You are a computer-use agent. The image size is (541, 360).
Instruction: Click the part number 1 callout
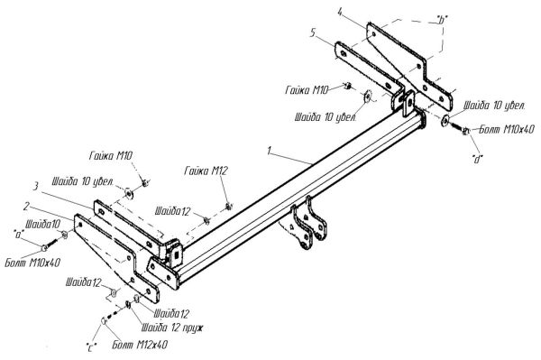pyautogui.click(x=270, y=151)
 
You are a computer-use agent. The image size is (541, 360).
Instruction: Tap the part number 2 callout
pyautogui.click(x=26, y=207)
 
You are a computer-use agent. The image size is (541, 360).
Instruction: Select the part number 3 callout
pyautogui.click(x=35, y=187)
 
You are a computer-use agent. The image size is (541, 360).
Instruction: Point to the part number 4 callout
pyautogui.click(x=340, y=12)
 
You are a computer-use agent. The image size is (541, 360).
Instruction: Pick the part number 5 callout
pyautogui.click(x=313, y=33)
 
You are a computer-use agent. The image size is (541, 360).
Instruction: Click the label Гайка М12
pyautogui.click(x=206, y=171)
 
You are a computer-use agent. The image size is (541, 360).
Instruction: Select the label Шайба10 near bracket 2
pyautogui.click(x=42, y=225)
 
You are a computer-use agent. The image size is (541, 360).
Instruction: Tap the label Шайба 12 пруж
pyautogui.click(x=172, y=328)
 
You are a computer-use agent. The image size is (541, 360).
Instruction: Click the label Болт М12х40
pyautogui.click(x=140, y=345)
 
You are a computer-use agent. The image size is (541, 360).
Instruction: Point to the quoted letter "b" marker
pyautogui.click(x=439, y=20)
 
